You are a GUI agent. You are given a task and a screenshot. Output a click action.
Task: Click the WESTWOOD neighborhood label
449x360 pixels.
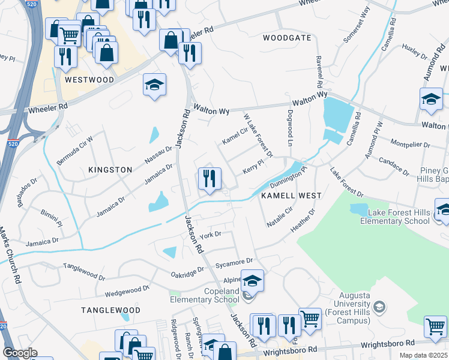(x=89, y=80)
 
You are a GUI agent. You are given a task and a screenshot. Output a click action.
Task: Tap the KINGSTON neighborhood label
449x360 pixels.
(x=110, y=170)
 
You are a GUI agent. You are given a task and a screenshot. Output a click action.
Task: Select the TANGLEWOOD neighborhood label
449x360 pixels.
(x=111, y=310)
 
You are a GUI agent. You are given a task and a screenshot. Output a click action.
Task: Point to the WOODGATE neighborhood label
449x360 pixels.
(x=287, y=38)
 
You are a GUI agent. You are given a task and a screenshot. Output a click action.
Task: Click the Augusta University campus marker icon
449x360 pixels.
(x=378, y=307)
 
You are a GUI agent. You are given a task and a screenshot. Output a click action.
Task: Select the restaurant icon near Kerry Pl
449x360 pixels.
(x=209, y=179)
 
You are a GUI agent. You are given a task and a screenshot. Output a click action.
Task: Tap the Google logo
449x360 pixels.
(x=20, y=353)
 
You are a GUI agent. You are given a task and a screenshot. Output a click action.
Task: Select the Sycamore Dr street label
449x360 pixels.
(x=235, y=262)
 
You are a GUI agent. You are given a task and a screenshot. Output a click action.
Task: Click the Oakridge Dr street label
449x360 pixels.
(x=188, y=273)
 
